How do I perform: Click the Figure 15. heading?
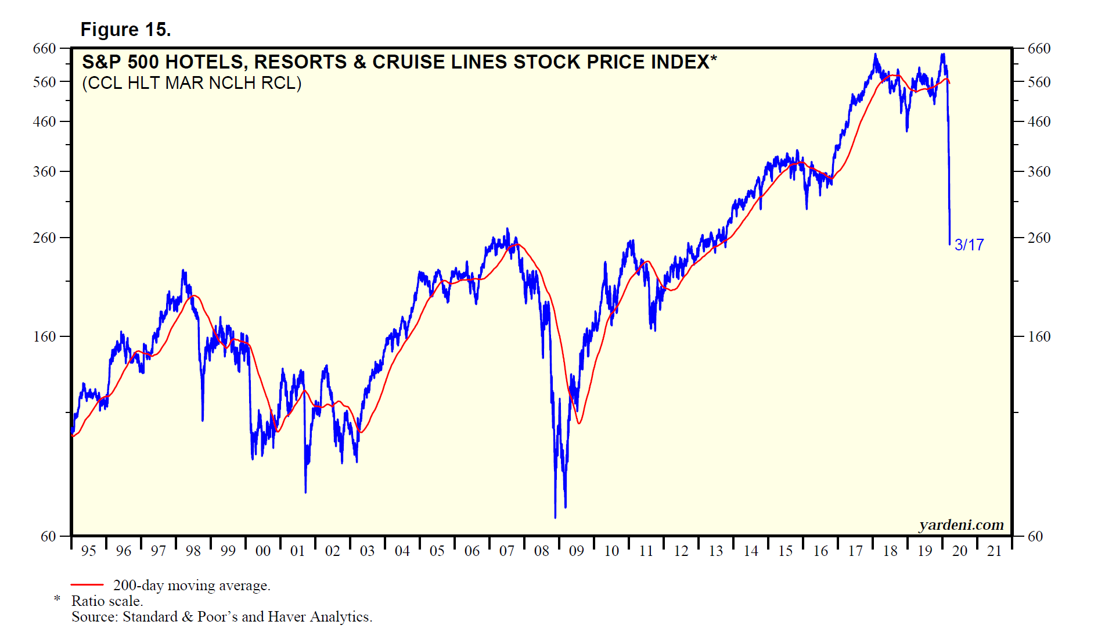pyautogui.click(x=125, y=30)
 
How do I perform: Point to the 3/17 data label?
pyautogui.click(x=969, y=245)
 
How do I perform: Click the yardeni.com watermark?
pyautogui.click(x=961, y=525)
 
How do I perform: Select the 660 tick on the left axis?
pyautogui.click(x=45, y=49)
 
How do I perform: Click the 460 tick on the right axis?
pyautogui.click(x=1039, y=122)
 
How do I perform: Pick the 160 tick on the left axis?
pyautogui.click(x=45, y=337)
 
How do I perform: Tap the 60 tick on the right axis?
pyautogui.click(x=1035, y=536)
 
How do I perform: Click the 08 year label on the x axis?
pyautogui.click(x=542, y=551)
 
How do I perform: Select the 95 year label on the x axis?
pyautogui.click(x=89, y=551)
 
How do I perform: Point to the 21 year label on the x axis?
pyautogui.click(x=995, y=551)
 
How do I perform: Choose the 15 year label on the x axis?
pyautogui.click(x=786, y=551)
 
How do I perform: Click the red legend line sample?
pyautogui.click(x=87, y=585)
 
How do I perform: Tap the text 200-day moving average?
pyautogui.click(x=192, y=586)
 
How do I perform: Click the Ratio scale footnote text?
pyautogui.click(x=107, y=601)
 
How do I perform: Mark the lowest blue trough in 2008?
pyautogui.click(x=555, y=517)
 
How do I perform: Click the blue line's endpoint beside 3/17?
pyautogui.click(x=950, y=244)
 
